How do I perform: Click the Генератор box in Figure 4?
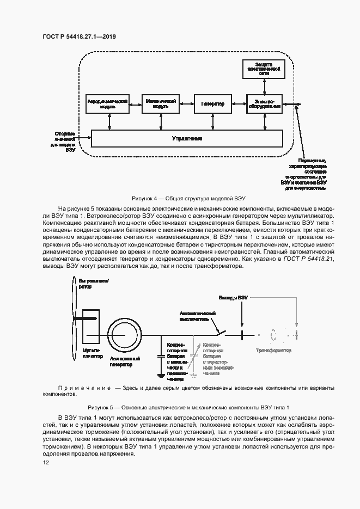point(212,103)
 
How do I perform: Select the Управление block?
point(187,138)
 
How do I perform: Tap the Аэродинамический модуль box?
point(107,103)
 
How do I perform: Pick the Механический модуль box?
point(160,103)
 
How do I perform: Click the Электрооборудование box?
point(265,103)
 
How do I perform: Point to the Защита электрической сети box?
point(265,70)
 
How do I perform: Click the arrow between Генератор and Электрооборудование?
point(239,103)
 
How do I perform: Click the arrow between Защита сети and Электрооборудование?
point(265,87)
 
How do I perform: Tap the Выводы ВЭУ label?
point(233,298)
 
